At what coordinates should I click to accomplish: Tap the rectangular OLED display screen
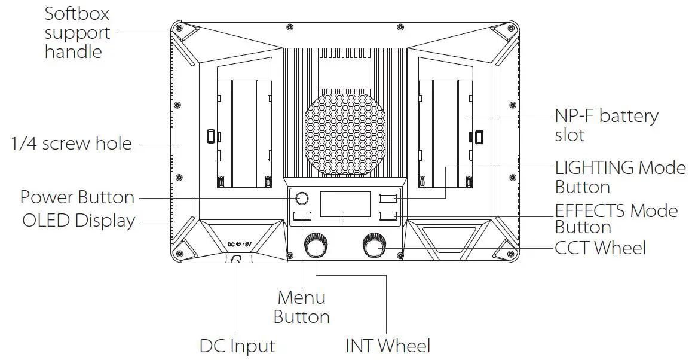pos(345,204)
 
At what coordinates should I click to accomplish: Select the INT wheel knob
pos(316,246)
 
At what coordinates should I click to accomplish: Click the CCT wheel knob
pos(375,245)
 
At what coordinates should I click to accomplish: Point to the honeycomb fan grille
pos(346,133)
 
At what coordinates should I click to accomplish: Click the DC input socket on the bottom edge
pos(235,259)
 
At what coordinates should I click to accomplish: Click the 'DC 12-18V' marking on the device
pos(240,245)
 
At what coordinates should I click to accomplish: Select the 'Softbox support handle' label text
pos(77,33)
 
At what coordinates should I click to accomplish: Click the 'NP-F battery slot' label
pos(606,125)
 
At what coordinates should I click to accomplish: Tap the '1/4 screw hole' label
pos(71,143)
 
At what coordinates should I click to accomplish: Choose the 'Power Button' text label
pos(77,197)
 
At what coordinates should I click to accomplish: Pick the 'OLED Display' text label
pos(78,221)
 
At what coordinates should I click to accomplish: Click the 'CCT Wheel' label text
pos(600,248)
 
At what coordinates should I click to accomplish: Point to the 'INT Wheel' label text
pos(387,346)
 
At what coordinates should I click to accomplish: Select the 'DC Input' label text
pos(237,346)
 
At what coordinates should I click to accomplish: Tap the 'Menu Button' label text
pos(302,307)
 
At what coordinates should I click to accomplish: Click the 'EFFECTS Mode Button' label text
pos(616,219)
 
